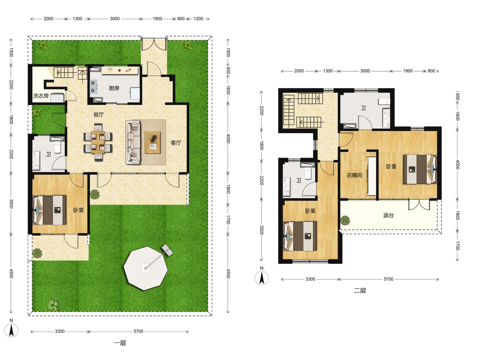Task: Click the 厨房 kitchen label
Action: pyautogui.click(x=114, y=88)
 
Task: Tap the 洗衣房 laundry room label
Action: pyautogui.click(x=41, y=96)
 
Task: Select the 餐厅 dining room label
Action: pyautogui.click(x=98, y=114)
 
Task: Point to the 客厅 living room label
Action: pyautogui.click(x=176, y=143)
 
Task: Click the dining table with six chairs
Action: pyautogui.click(x=98, y=142)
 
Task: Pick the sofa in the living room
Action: pyautogui.click(x=133, y=142)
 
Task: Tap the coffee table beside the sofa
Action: pyautogui.click(x=152, y=143)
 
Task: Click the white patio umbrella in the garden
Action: pyautogui.click(x=146, y=268)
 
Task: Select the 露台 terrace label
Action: pyautogui.click(x=388, y=215)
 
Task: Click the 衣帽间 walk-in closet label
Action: pyautogui.click(x=354, y=175)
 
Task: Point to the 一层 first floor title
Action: pyautogui.click(x=120, y=343)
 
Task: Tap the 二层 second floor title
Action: pyautogui.click(x=360, y=290)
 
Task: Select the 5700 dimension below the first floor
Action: pyautogui.click(x=138, y=331)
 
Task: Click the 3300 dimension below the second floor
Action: pyautogui.click(x=310, y=279)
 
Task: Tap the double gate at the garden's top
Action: pyautogui.click(x=154, y=45)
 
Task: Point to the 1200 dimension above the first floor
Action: pyautogui.click(x=198, y=19)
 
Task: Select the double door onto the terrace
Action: pyautogui.click(x=419, y=205)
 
